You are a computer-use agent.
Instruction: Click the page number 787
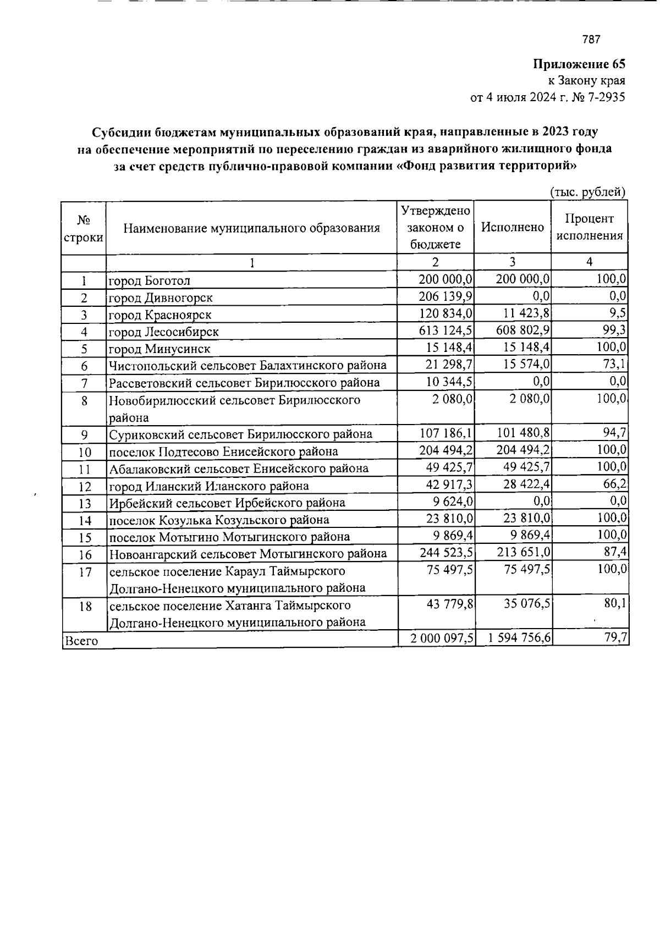[591, 40]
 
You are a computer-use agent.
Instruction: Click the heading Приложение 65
[579, 64]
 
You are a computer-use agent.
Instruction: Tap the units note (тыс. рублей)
[587, 192]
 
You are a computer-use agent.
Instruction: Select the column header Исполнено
[512, 227]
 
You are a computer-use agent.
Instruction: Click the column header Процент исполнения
[590, 227]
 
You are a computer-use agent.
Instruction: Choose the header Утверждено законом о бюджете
[435, 227]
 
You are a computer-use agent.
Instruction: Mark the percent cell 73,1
[615, 365]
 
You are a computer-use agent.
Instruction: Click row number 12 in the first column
[84, 486]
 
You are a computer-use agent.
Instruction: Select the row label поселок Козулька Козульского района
[219, 520]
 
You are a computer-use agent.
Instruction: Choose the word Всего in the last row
[81, 641]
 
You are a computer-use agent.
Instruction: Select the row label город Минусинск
[159, 349]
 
